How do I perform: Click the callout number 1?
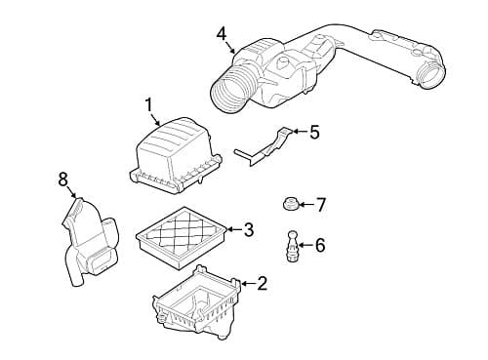148,104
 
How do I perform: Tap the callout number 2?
262,284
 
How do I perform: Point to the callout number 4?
222,34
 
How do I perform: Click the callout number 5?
313,131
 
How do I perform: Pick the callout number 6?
320,245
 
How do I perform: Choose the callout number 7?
320,205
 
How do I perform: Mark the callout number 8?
63,179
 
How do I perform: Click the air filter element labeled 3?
183,235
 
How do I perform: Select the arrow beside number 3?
232,230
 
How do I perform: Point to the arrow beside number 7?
303,205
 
